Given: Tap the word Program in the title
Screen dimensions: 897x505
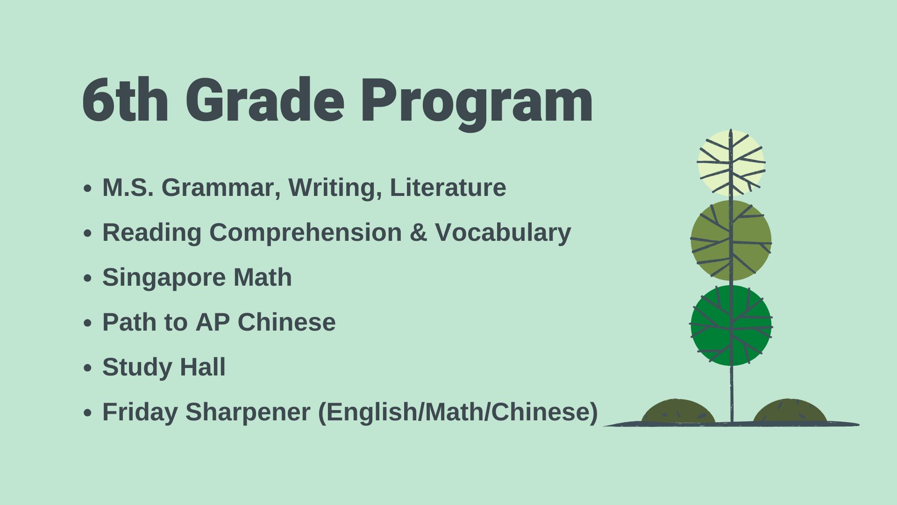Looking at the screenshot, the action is [477, 104].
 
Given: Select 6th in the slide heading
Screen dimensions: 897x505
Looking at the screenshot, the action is [125, 100].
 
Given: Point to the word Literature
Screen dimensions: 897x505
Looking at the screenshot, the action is [448, 188].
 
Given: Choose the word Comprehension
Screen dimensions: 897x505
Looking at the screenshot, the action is [306, 233].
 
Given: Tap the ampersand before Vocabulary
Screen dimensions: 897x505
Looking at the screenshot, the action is [419, 232].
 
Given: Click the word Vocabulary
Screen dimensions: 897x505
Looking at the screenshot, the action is [503, 233].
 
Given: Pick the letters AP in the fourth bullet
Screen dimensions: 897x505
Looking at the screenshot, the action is [213, 322].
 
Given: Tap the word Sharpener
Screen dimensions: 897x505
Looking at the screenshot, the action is [248, 412].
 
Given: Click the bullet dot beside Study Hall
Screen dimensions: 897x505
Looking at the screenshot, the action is [87, 368].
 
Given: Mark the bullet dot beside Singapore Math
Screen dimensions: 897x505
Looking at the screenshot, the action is [87, 279].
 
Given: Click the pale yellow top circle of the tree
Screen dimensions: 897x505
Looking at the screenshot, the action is [731, 163].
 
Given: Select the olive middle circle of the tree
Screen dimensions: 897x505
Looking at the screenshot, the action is [731, 240].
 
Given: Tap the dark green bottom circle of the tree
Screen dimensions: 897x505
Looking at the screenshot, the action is [731, 325].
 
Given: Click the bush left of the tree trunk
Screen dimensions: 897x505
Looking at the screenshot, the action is [678, 412].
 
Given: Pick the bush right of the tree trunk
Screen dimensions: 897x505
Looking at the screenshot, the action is [790, 411].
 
